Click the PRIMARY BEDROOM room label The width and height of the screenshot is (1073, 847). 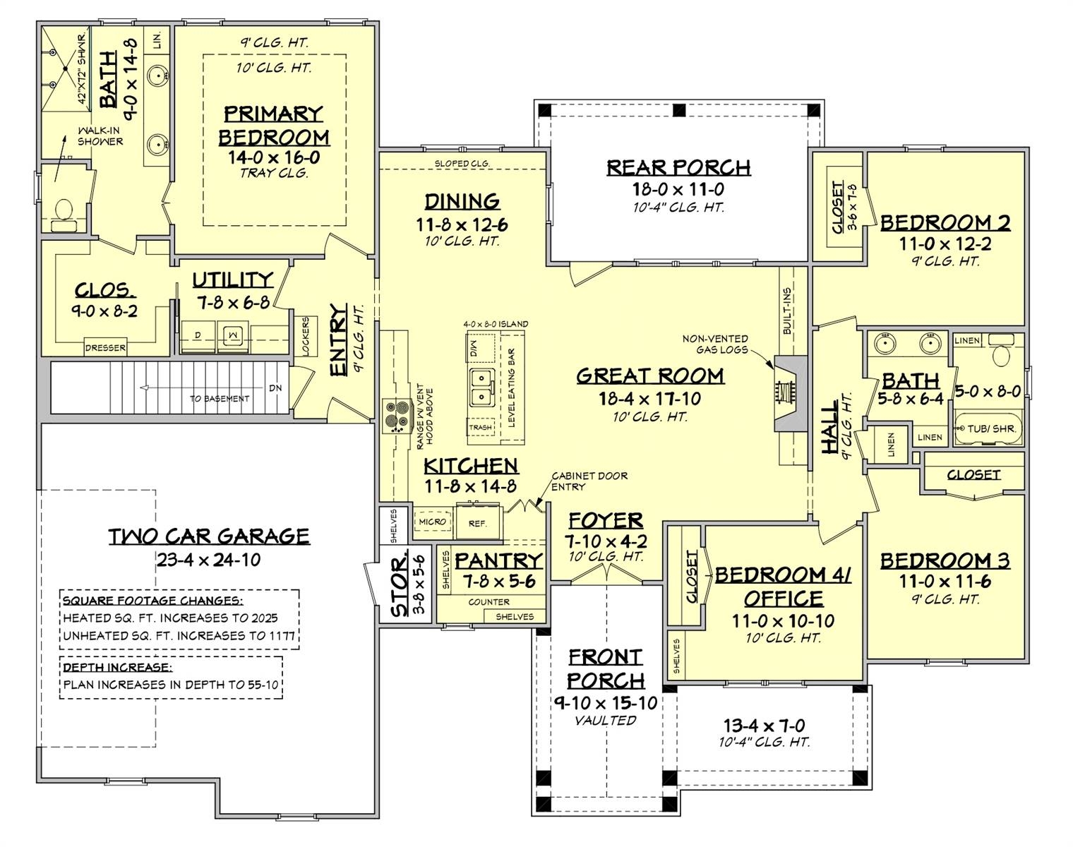(273, 125)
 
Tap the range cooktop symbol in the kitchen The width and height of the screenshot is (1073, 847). (393, 415)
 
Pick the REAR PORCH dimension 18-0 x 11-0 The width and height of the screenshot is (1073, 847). (678, 189)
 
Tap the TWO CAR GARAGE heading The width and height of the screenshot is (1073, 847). (209, 536)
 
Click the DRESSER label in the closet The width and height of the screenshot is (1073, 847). (105, 347)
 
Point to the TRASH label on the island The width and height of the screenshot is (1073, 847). (481, 427)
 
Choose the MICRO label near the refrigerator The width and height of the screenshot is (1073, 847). (432, 522)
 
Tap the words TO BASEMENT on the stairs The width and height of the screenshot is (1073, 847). (220, 399)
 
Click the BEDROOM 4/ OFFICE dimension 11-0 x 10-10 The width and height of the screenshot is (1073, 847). (783, 621)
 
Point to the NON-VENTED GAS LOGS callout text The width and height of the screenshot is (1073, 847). (715, 344)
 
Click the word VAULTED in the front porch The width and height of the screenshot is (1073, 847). (605, 721)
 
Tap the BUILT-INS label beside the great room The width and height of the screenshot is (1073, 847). (787, 311)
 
